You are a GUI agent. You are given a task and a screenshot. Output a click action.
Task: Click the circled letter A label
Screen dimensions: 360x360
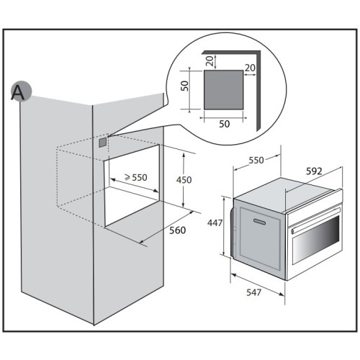point(21,91)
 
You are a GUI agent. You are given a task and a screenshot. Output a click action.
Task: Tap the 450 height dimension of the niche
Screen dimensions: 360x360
point(184,180)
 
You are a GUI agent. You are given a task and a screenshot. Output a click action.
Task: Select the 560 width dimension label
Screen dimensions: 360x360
point(178,230)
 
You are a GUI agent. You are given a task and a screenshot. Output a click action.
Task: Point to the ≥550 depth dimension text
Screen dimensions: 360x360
point(135,177)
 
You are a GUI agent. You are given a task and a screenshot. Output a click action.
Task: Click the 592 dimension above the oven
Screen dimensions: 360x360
point(314,171)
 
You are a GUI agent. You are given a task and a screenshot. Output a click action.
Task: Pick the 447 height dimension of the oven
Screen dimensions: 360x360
point(215,223)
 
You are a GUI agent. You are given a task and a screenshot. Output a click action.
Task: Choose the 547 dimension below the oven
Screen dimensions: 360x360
point(253,292)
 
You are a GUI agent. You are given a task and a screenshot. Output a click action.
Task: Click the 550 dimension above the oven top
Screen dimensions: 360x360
point(256,160)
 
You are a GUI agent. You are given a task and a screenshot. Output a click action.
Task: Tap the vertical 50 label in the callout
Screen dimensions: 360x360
point(185,86)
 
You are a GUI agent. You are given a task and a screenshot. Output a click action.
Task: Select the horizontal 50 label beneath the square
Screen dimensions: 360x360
point(225,124)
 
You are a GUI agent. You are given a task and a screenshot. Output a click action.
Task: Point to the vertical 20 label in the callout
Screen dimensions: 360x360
point(210,61)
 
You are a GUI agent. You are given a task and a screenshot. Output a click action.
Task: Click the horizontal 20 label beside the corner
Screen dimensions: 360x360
point(250,68)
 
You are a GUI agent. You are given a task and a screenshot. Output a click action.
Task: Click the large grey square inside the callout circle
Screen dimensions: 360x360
point(223,90)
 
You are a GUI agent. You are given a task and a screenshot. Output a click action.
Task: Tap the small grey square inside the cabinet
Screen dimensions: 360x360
point(102,143)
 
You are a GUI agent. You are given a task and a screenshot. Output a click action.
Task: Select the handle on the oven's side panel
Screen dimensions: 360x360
point(259,222)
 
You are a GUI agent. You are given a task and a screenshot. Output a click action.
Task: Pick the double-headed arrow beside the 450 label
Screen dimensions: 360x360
point(184,179)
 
